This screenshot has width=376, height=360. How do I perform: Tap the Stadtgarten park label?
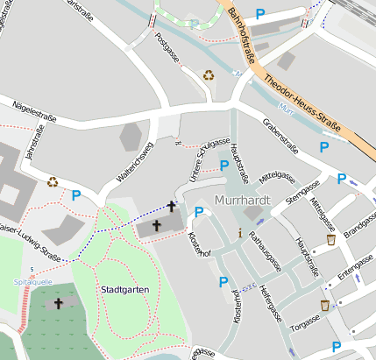click(123, 289)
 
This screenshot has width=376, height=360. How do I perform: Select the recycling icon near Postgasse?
click(209, 75)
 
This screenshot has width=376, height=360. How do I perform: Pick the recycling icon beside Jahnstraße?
click(53, 182)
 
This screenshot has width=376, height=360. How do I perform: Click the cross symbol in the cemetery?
click(59, 303)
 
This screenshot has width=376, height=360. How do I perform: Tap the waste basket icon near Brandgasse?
click(330, 239)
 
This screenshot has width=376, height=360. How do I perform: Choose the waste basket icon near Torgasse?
click(325, 306)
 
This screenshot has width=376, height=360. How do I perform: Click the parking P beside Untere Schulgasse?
click(224, 165)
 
